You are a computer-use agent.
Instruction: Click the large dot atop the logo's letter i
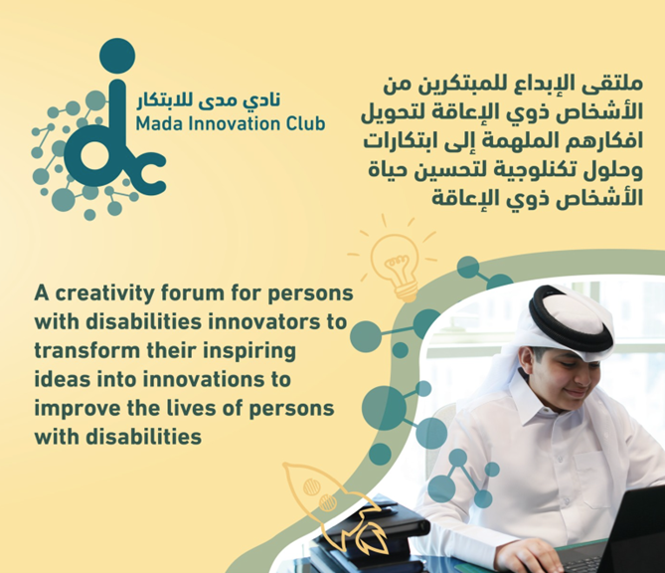tap(117, 56)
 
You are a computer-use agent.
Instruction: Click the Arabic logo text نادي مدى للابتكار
tap(208, 101)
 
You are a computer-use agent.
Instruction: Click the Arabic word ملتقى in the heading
tap(617, 85)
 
